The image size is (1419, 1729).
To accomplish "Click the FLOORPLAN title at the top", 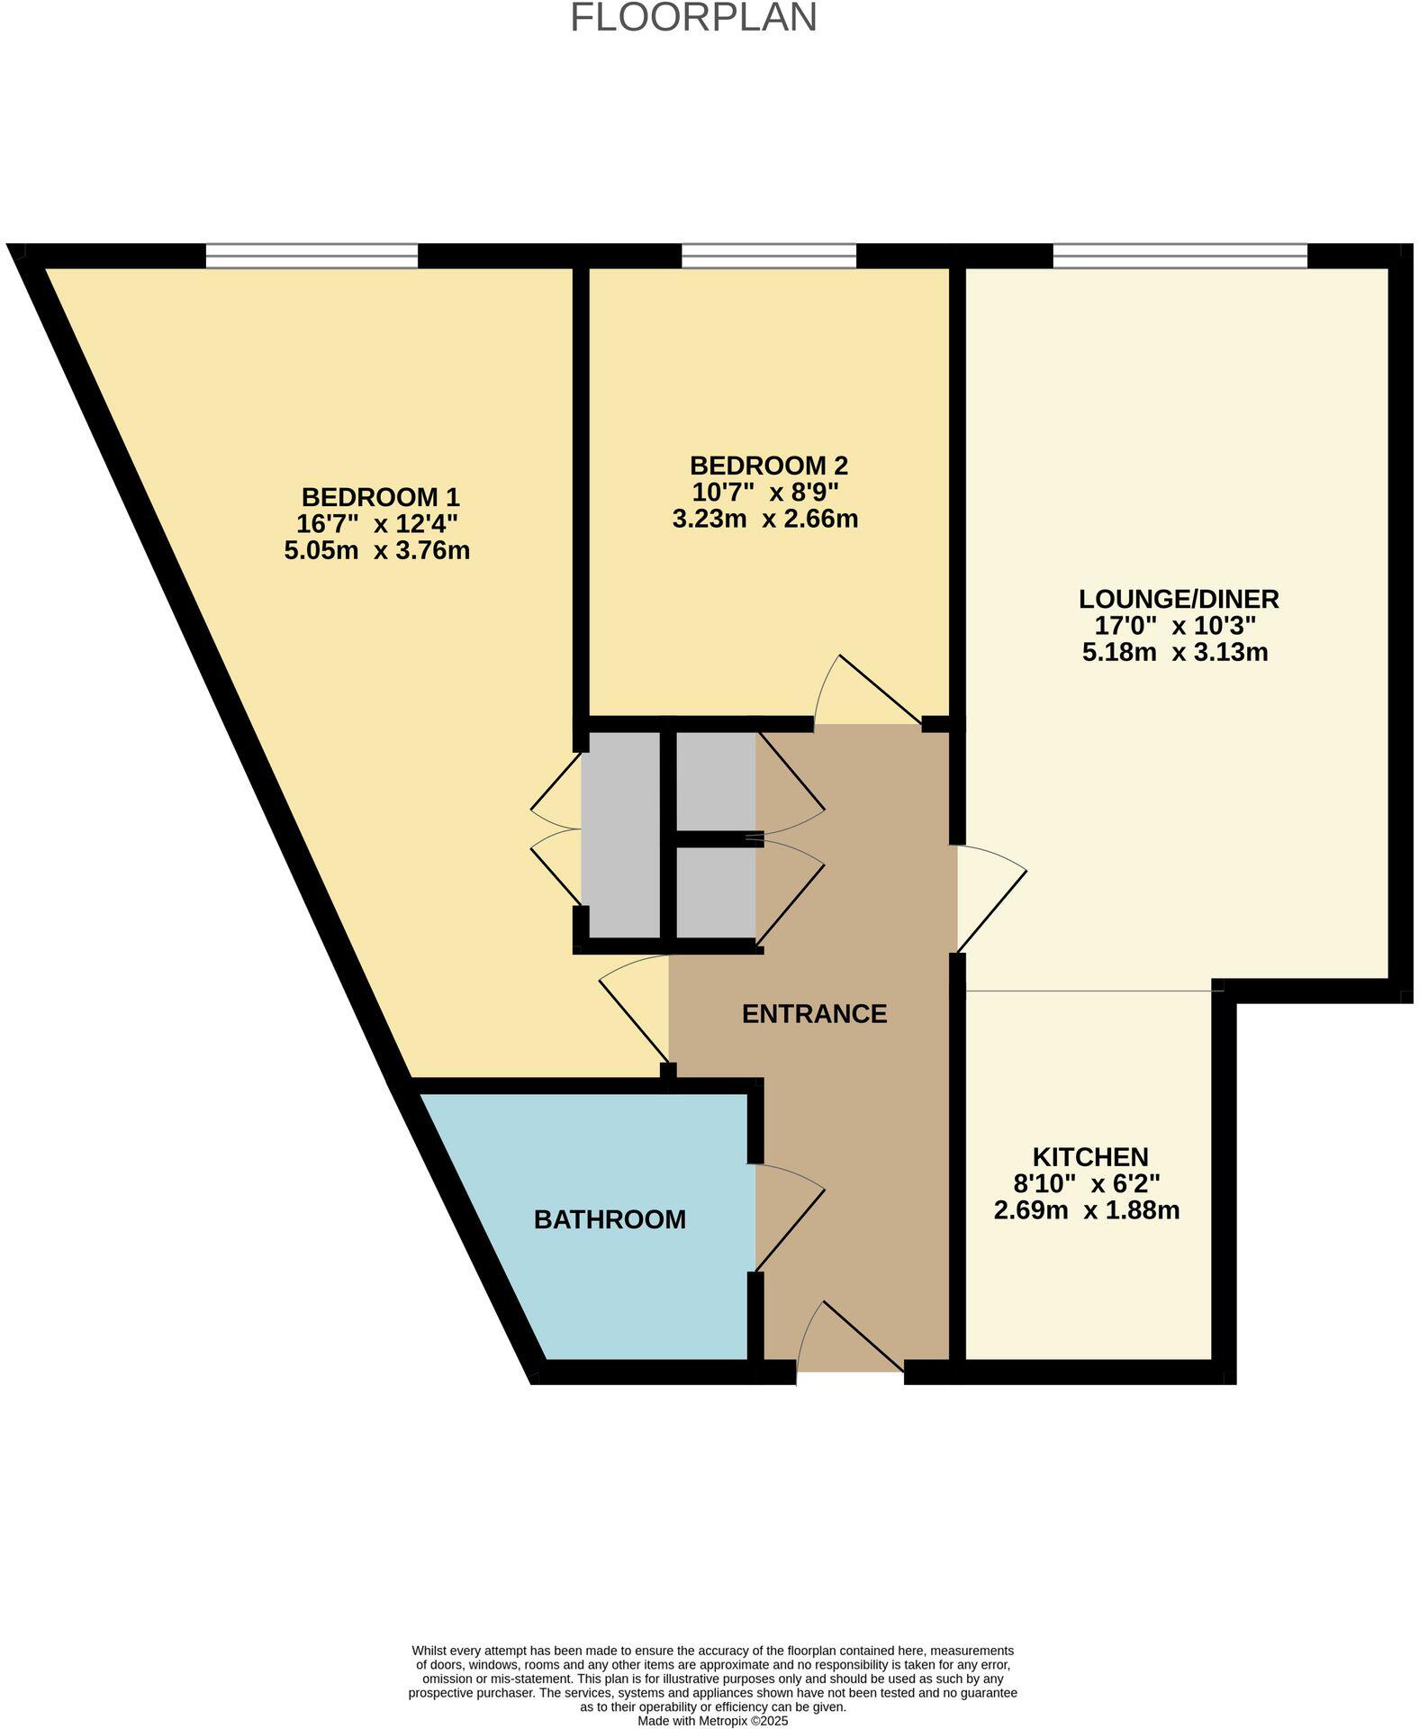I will (693, 18).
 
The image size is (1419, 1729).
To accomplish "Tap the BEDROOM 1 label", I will (380, 497).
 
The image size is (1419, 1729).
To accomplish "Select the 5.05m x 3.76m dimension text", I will (376, 550).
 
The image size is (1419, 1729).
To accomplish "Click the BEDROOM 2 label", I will (768, 466).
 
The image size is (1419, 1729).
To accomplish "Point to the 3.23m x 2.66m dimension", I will (764, 519).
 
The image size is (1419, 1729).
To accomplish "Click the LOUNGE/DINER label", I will (1179, 599).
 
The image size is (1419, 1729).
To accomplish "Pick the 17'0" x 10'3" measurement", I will (1174, 626).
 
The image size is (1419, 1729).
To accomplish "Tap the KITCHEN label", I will (1089, 1157).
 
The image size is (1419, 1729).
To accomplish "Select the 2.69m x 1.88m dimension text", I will (1086, 1210).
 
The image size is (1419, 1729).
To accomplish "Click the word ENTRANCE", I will (814, 1014).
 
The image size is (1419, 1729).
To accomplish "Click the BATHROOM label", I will (610, 1219).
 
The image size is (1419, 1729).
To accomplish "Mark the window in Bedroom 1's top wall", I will (312, 257).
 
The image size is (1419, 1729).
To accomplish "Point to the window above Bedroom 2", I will (768, 257).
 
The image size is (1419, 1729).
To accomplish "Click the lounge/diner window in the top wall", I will (1179, 257).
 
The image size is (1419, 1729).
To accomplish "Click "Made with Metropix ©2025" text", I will (712, 1720).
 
